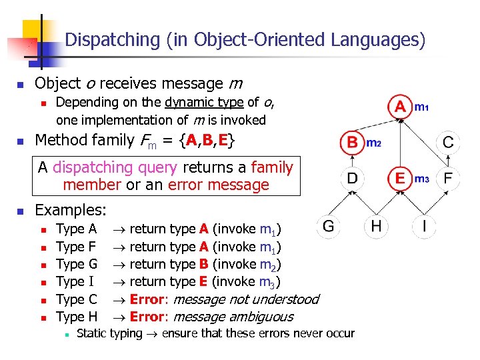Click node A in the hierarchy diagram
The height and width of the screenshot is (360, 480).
click(400, 107)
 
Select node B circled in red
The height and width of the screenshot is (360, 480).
click(352, 142)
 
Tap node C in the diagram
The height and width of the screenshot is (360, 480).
click(448, 142)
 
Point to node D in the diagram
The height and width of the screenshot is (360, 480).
click(352, 178)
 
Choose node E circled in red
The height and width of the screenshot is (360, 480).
click(400, 178)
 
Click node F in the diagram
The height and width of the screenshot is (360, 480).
click(448, 178)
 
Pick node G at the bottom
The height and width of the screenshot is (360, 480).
click(329, 226)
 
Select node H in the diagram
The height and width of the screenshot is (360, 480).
click(376, 226)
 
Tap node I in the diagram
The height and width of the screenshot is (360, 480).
click(424, 226)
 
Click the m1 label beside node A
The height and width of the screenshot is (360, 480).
click(422, 107)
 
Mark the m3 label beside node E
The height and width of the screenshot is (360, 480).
click(422, 179)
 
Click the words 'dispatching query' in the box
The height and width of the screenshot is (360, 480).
click(115, 167)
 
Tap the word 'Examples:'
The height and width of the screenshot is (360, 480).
click(71, 210)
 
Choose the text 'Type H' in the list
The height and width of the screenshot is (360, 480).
click(77, 317)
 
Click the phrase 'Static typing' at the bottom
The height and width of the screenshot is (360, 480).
click(109, 333)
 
